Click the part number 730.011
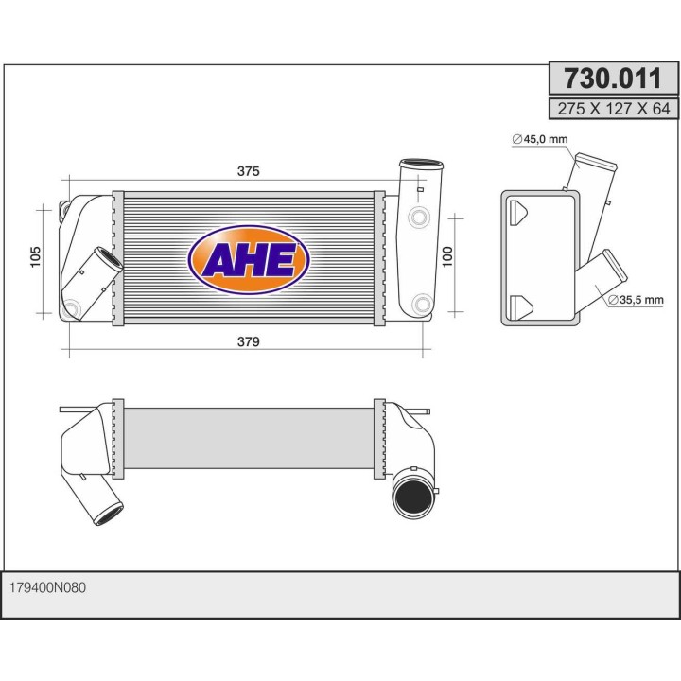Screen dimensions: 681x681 coord(613,78)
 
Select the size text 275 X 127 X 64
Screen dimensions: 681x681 coord(613,109)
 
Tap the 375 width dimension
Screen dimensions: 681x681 coord(248,171)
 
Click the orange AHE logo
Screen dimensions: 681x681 coord(248,259)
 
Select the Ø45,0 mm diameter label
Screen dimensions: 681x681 coord(540,140)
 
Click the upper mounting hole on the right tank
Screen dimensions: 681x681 coord(419,219)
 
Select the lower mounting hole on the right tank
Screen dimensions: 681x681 coord(421,305)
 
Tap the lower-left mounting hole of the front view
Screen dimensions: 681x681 coord(74,306)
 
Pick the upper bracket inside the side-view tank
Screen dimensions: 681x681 coord(519,212)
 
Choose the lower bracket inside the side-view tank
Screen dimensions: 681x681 coord(519,305)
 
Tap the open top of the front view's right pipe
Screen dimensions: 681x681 coord(420,165)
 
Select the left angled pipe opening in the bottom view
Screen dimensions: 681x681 coord(109,515)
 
